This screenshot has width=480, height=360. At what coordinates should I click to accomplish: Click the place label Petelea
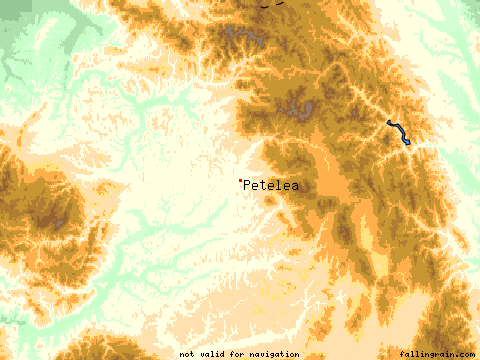(270, 185)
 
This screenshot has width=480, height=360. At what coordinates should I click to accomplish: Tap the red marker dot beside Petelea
(240, 181)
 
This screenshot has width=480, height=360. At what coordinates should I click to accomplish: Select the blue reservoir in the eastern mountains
(398, 131)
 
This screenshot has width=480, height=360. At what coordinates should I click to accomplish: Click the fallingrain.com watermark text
(436, 354)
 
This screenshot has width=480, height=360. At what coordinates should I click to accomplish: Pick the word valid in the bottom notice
(213, 354)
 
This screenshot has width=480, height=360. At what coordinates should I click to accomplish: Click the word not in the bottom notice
(187, 354)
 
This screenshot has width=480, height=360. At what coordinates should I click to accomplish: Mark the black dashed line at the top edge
(267, 3)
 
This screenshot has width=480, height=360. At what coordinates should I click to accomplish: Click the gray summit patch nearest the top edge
(246, 41)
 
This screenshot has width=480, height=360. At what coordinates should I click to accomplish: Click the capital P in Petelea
(247, 185)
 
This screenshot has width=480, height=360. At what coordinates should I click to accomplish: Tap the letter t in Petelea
(263, 185)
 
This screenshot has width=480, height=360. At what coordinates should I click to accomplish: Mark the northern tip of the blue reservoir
(389, 122)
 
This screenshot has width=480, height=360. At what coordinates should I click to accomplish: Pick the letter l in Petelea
(278, 185)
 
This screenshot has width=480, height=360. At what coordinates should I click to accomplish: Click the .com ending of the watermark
(465, 354)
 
